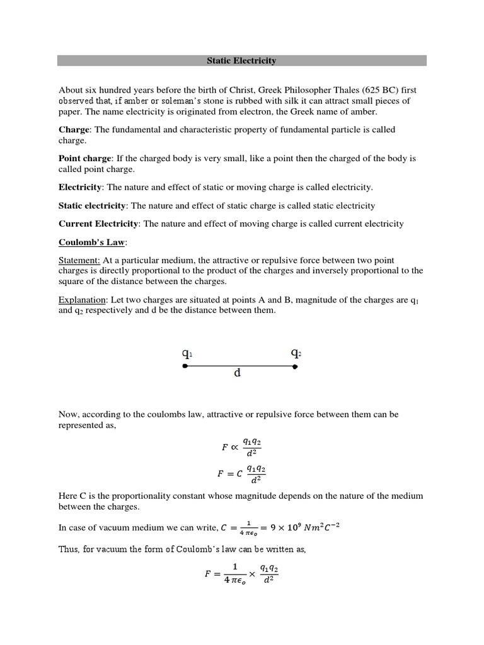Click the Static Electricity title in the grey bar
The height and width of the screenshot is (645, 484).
point(242,61)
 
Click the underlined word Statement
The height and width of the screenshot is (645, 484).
point(79,260)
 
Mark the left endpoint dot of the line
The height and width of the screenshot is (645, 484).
point(185,366)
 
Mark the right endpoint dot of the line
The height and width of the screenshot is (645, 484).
point(295,366)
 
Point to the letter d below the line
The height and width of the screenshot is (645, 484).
point(238,373)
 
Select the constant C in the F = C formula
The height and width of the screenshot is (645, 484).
point(239,474)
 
